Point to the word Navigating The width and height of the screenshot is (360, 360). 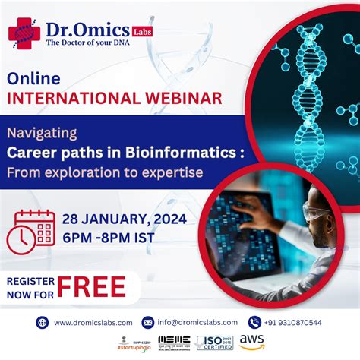(42, 133)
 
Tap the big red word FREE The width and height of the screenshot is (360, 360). (92, 286)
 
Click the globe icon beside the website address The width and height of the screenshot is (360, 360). (43, 322)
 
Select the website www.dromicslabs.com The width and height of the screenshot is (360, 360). (93, 322)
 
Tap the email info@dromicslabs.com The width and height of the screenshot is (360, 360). (197, 322)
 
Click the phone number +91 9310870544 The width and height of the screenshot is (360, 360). (294, 322)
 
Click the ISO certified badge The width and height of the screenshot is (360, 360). (214, 343)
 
